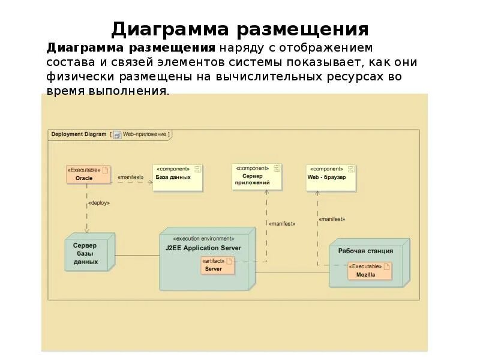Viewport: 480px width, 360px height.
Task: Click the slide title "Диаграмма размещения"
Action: pyautogui.click(x=239, y=29)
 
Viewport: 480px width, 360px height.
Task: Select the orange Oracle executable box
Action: pyautogui.click(x=88, y=173)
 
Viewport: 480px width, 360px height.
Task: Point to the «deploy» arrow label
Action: pyautogui.click(x=99, y=203)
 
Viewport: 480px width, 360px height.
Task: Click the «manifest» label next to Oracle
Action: pyautogui.click(x=130, y=177)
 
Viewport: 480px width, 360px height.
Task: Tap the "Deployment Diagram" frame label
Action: pyautogui.click(x=79, y=134)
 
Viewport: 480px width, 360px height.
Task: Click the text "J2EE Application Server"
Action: pyautogui.click(x=203, y=247)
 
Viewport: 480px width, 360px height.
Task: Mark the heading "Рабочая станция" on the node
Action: pyautogui.click(x=365, y=251)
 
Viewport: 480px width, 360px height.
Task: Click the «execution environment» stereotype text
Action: pyautogui.click(x=204, y=238)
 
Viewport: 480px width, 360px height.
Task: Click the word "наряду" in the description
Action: pyautogui.click(x=239, y=47)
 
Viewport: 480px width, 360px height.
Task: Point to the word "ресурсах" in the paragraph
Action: pyautogui.click(x=352, y=77)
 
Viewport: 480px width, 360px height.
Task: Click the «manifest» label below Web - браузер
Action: pyautogui.click(x=332, y=219)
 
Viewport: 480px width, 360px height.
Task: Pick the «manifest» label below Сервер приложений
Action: pyautogui.click(x=282, y=223)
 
